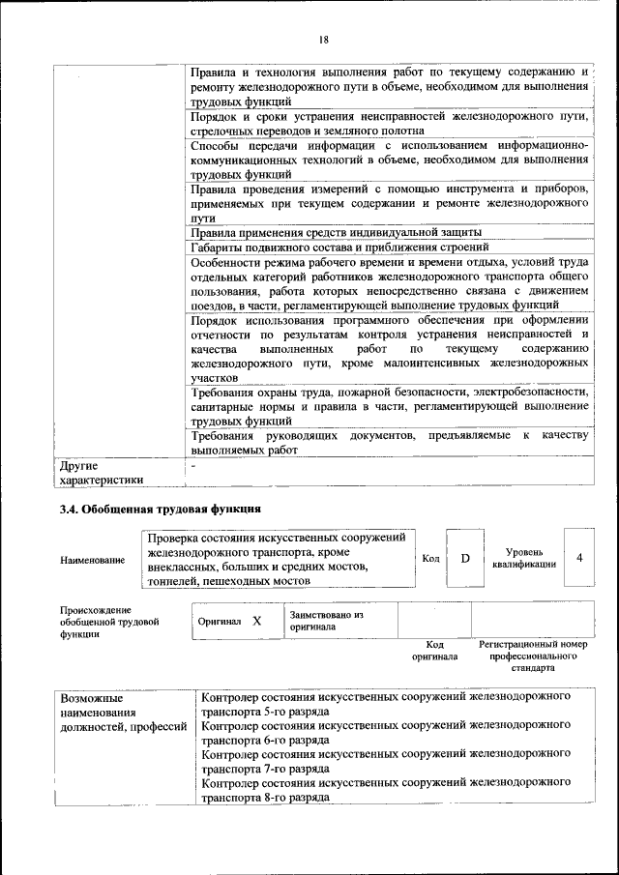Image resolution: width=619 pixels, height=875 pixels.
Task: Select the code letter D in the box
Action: point(464,559)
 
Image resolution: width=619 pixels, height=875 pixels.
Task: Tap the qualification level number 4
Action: point(579,558)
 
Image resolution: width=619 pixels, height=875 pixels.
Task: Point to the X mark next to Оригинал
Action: point(256,622)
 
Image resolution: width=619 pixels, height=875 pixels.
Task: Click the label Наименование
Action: point(92,560)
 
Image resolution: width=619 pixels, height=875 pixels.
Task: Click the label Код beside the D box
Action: point(431,559)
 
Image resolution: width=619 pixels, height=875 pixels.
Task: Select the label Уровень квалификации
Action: point(523,558)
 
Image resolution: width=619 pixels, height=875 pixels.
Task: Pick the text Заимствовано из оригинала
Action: point(326,621)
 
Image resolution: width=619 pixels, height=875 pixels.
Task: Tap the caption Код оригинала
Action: point(434,651)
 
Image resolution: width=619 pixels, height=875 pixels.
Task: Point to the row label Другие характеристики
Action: point(101,471)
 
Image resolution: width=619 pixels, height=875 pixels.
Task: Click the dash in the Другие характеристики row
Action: point(193,465)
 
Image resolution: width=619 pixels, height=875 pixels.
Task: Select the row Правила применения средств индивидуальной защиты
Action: point(335,233)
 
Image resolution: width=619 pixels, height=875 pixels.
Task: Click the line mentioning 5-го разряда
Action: point(385,702)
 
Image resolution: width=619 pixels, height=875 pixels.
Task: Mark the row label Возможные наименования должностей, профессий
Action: point(122,711)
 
